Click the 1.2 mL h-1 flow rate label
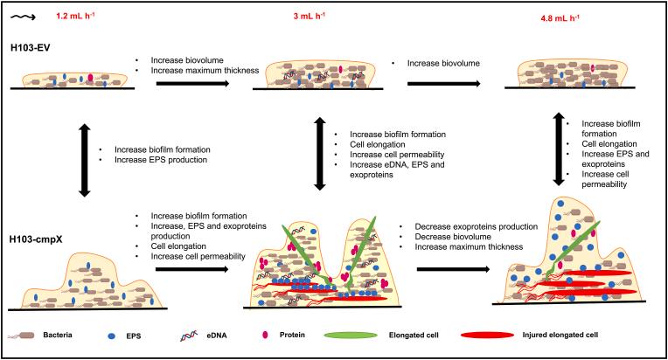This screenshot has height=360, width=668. (75, 17)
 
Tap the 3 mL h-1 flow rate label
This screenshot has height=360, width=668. (309, 17)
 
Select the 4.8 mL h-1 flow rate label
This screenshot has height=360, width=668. (560, 18)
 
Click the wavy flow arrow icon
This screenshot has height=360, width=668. (23, 17)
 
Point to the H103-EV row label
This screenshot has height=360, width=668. (31, 48)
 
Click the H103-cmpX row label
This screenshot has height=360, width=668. (36, 239)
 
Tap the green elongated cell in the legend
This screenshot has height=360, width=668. (351, 336)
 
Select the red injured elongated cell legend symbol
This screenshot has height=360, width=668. (487, 336)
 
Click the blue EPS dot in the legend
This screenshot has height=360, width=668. (112, 336)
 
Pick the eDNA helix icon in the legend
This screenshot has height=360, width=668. (189, 336)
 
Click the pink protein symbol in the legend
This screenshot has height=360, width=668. (266, 336)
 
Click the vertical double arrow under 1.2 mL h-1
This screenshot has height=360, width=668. (84, 160)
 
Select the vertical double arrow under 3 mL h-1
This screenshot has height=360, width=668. (319, 154)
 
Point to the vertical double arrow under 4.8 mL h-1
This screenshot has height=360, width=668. (559, 149)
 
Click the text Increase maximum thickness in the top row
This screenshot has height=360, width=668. (205, 71)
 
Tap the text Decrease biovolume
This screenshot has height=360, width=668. (453, 237)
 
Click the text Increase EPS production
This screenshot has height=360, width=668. (161, 160)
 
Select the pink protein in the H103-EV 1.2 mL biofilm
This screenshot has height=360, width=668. (90, 78)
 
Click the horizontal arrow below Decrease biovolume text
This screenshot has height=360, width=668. (453, 269)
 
